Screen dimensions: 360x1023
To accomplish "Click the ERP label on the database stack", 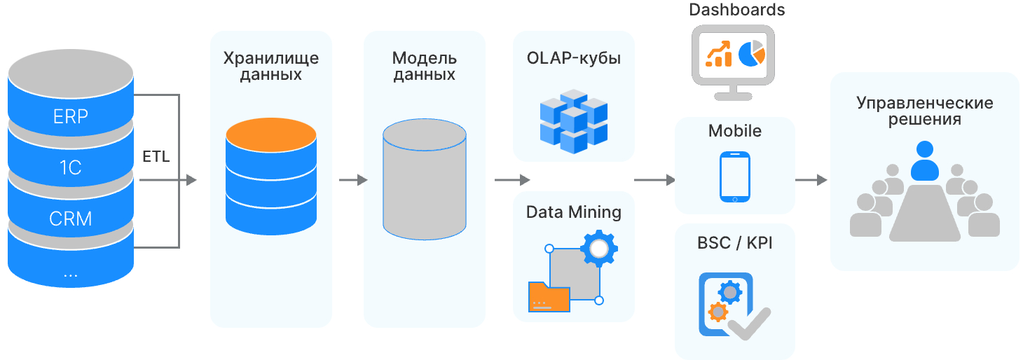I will pyautogui.click(x=71, y=116).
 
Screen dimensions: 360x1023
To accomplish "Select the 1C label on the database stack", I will pyautogui.click(x=71, y=167).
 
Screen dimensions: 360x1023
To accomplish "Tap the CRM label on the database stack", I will pyautogui.click(x=71, y=219).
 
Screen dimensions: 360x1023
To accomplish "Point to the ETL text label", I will pyautogui.click(x=156, y=157).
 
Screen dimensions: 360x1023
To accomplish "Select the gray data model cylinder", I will pyautogui.click(x=424, y=179).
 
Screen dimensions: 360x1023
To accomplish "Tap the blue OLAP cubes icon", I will pyautogui.click(x=573, y=120).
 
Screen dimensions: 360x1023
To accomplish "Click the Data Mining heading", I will pyautogui.click(x=573, y=212).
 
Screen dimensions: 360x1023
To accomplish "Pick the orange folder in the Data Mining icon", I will pyautogui.click(x=549, y=296).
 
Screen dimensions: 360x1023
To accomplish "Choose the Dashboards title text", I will pyautogui.click(x=736, y=10).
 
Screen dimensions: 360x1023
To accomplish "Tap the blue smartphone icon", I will pyautogui.click(x=734, y=177).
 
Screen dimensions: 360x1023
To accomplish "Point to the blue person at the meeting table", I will pyautogui.click(x=924, y=161).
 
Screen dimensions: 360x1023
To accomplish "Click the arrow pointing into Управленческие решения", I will pyautogui.click(x=811, y=180).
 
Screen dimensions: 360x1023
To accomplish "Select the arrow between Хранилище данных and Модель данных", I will pyautogui.click(x=353, y=180).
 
